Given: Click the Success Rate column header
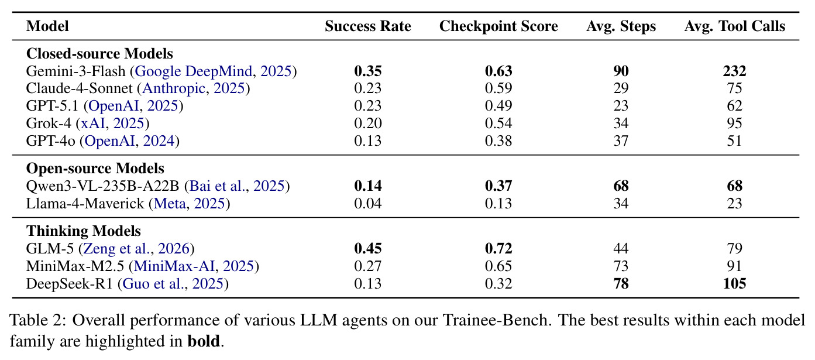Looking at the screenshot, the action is point(368,26).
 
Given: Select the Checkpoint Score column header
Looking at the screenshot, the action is point(498,26).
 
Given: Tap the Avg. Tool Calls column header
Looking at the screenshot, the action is point(735,26).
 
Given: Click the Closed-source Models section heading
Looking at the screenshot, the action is point(99,53).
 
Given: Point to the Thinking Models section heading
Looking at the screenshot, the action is point(83,231).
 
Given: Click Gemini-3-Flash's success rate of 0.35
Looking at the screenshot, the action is point(368,71).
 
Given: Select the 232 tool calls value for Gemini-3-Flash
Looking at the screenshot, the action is point(735,71).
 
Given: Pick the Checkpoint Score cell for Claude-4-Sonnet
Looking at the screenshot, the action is point(498,88).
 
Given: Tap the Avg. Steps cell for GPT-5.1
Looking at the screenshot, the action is point(621,105).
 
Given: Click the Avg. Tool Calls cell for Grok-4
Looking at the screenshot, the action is point(735,123).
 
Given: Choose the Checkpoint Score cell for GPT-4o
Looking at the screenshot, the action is point(498,140).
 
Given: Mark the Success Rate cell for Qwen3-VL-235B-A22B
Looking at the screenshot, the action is point(368,186).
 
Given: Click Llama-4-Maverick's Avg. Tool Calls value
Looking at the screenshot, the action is point(735,203).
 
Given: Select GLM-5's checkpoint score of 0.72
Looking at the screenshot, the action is point(498,248).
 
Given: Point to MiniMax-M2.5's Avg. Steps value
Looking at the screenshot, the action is point(621,266).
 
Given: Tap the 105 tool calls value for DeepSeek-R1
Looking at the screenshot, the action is point(735,283).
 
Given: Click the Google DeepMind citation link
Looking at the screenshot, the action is point(194,71).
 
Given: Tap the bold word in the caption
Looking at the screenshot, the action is point(204,341).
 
